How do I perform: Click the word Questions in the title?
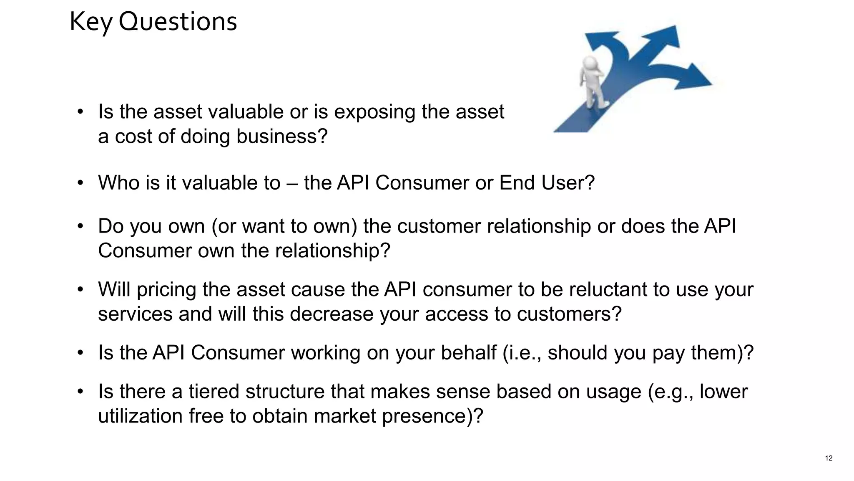pyautogui.click(x=178, y=22)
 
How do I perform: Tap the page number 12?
pyautogui.click(x=829, y=458)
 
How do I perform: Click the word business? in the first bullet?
pyautogui.click(x=282, y=137)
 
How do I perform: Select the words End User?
pyautogui.click(x=547, y=183)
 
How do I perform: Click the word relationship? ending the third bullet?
pyautogui.click(x=332, y=251)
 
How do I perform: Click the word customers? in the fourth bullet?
pyautogui.click(x=569, y=314)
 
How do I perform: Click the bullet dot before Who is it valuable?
pyautogui.click(x=80, y=183)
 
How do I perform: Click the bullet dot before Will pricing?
pyautogui.click(x=80, y=289)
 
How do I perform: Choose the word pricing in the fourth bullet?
pyautogui.click(x=166, y=290)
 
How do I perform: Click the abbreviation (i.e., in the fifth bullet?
pyautogui.click(x=522, y=353)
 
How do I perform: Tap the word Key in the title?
pyautogui.click(x=91, y=23)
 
